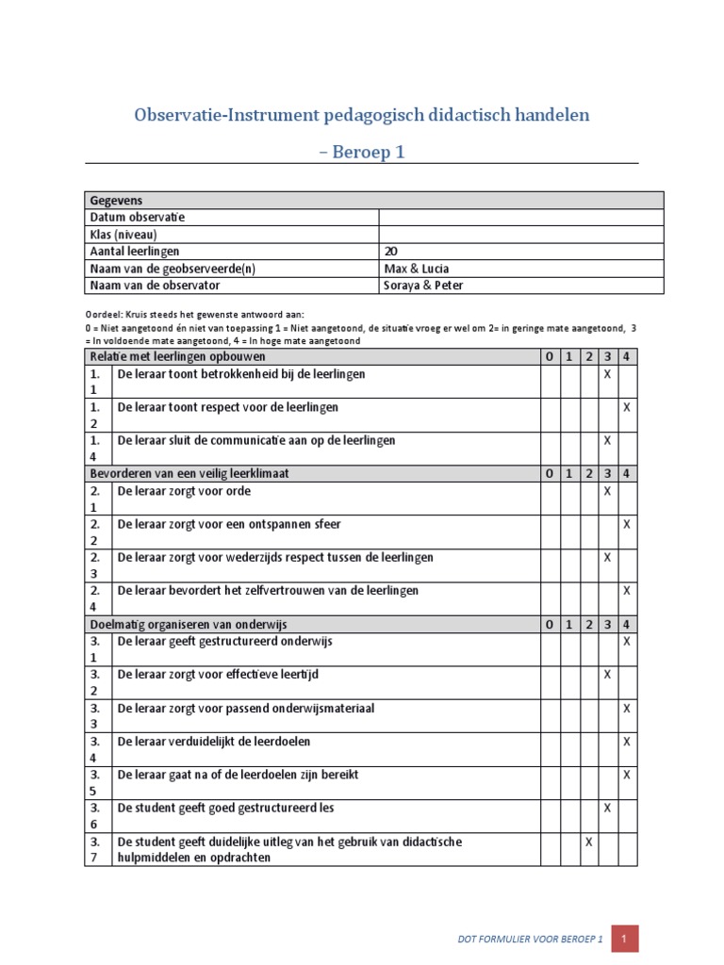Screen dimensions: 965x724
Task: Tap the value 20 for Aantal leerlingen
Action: pyautogui.click(x=391, y=252)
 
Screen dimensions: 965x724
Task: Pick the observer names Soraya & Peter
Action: pyautogui.click(x=423, y=286)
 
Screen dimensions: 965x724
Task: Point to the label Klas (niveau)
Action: pyautogui.click(x=123, y=235)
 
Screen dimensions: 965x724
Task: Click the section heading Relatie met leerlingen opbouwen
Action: pyautogui.click(x=177, y=357)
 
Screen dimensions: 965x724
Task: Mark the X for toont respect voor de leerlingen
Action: pyautogui.click(x=627, y=407)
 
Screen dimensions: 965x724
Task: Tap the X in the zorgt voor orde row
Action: pyautogui.click(x=607, y=491)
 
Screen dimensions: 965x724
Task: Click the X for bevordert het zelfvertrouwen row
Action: pyautogui.click(x=627, y=591)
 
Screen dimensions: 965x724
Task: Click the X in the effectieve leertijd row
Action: pyautogui.click(x=607, y=675)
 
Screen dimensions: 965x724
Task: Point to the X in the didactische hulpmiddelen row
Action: pyautogui.click(x=588, y=842)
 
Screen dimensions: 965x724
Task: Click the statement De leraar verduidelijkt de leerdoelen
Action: pyautogui.click(x=213, y=742)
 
